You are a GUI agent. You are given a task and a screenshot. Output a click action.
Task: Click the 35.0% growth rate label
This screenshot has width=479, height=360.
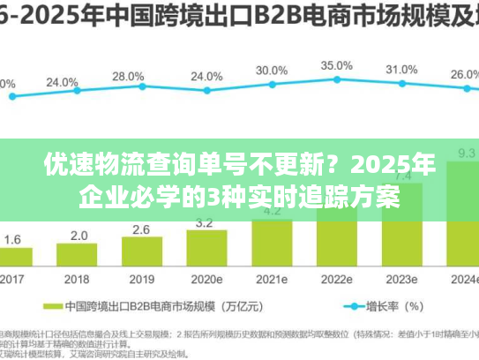[x=336, y=65]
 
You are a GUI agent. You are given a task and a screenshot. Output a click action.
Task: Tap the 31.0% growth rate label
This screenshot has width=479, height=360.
[x=401, y=70]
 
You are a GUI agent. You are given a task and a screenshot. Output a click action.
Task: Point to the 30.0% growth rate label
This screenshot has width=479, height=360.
[x=272, y=71]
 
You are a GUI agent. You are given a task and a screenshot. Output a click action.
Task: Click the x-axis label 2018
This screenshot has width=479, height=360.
[x=79, y=280]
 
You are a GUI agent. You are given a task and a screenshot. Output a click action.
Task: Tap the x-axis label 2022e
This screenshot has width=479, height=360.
[x=336, y=280]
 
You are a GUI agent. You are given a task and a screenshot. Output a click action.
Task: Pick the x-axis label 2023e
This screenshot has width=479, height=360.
[x=401, y=280]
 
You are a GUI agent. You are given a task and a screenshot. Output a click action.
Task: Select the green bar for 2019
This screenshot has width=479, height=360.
[x=143, y=251]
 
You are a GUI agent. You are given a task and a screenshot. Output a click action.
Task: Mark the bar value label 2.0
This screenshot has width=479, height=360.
[x=79, y=236]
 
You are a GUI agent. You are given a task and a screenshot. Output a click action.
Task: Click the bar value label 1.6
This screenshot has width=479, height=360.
[x=13, y=239]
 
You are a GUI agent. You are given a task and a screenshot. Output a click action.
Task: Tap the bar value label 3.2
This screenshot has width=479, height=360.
[x=206, y=222]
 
